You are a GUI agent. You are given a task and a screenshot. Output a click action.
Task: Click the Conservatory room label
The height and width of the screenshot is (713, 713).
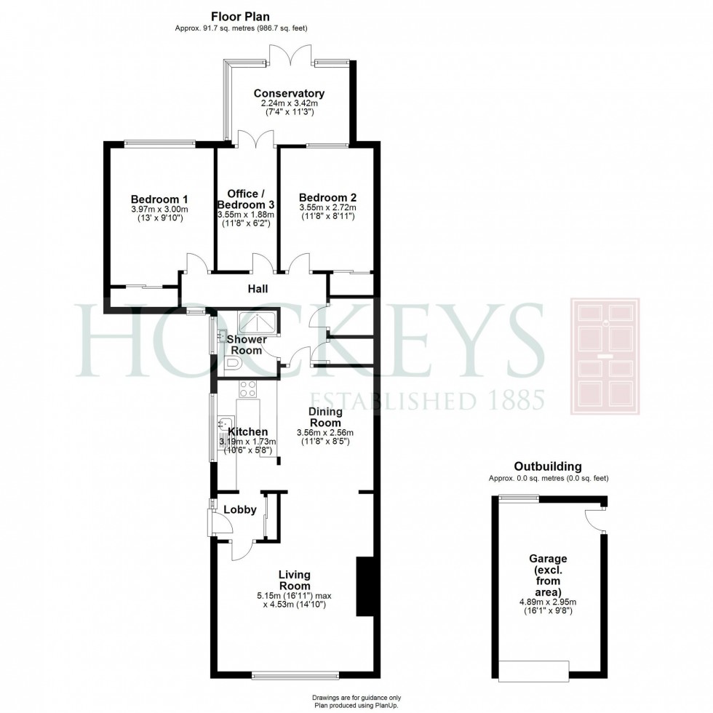coord(289,93)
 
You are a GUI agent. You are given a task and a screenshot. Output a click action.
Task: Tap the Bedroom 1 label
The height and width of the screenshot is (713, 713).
coord(159,199)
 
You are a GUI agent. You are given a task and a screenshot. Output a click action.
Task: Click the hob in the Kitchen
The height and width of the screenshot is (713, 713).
coord(247,389)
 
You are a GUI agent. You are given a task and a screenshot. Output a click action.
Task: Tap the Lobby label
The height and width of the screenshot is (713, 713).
coord(239,509)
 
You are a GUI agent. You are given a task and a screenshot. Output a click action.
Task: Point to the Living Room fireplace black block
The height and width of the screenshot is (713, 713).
coord(363,586)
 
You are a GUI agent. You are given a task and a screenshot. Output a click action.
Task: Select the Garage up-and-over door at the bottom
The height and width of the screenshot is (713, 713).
coord(533,670)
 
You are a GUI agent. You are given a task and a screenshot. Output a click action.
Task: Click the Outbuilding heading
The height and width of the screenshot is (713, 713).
coord(548,466)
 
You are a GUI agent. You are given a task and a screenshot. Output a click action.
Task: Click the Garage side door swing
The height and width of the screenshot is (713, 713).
coord(595,520)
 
